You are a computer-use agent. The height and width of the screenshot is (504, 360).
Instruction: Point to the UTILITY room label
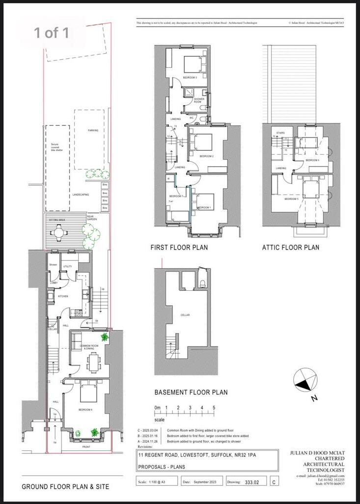click(x=68, y=266)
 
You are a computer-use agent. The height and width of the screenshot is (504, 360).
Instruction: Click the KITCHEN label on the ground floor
click(x=63, y=297)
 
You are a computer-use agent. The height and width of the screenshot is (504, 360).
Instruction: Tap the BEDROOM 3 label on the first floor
click(x=190, y=78)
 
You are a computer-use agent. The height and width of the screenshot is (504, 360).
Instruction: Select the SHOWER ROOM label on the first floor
click(x=199, y=100)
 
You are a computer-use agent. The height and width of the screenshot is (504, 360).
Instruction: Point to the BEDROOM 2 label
click(x=206, y=156)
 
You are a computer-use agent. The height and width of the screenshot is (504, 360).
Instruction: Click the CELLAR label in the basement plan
click(x=185, y=315)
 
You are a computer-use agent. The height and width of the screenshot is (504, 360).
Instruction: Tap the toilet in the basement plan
click(x=202, y=282)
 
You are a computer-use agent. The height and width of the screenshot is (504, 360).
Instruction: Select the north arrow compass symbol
click(x=303, y=382)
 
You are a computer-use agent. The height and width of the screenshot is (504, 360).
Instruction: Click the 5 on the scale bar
click(x=214, y=408)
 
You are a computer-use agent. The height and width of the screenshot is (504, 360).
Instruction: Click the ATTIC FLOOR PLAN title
click(x=290, y=248)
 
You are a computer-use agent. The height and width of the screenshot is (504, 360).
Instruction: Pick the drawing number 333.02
click(x=254, y=482)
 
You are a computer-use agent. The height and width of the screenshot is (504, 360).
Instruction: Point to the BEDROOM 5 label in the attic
click(x=291, y=199)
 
